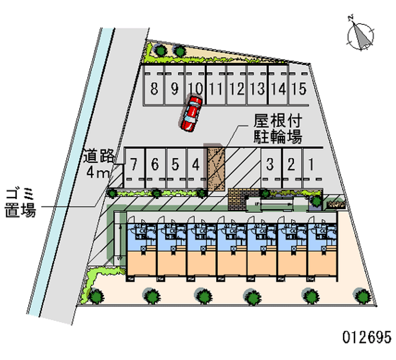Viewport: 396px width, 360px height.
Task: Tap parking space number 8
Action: tap(154, 89)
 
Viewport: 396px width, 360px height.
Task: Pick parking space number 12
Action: tap(237, 89)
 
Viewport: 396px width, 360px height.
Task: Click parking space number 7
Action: tap(134, 164)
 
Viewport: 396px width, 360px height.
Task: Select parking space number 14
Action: tap(279, 89)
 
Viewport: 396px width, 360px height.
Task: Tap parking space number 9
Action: tap(174, 89)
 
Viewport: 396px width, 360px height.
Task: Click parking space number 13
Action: tap(257, 89)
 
